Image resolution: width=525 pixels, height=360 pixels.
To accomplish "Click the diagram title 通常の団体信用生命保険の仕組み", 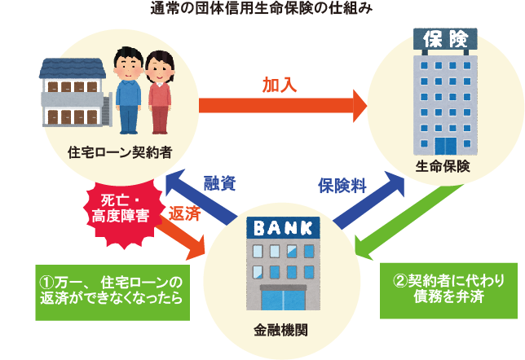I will pos(262,11).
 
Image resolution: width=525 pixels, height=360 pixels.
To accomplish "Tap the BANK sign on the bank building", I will pos(283,226).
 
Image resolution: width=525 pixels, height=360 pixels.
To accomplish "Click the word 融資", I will pos(219,183).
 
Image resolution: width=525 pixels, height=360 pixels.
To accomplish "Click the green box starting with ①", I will pos(110,289).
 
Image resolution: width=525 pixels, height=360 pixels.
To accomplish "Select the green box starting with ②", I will pos(449,288).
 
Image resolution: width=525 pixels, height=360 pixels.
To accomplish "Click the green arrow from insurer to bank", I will pos(404,216).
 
